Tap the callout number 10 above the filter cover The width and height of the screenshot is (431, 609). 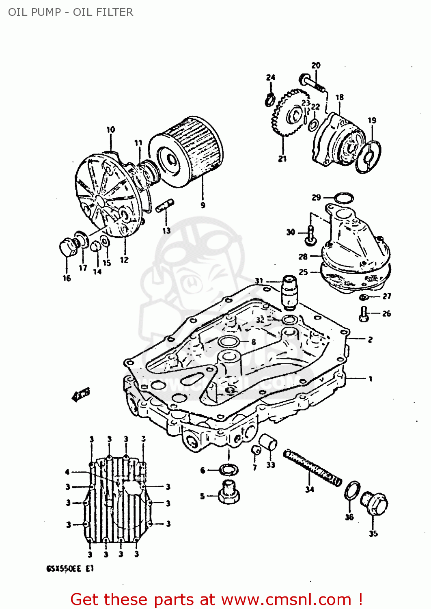pos(111,130)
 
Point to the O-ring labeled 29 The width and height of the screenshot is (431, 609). pos(344,198)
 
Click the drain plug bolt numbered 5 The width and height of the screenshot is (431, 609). pos(229,493)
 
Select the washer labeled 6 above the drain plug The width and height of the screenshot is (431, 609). pos(228,470)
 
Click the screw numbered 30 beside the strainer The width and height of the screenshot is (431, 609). pos(310,235)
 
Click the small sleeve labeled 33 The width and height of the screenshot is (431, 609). pos(268,443)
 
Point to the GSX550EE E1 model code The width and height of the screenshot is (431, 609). pos(70,569)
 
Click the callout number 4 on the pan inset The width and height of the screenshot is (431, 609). pos(67,472)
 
